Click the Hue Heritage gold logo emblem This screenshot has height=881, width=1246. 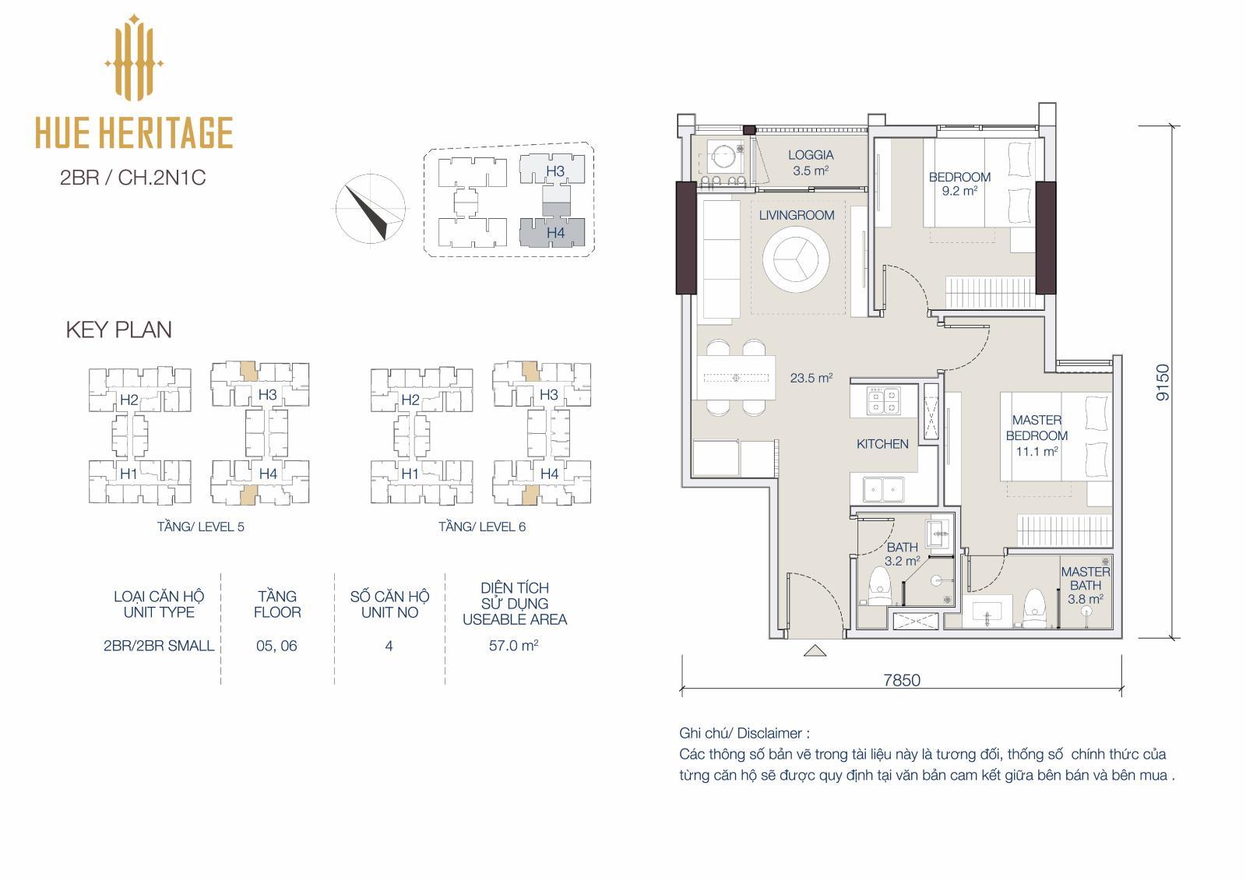133,58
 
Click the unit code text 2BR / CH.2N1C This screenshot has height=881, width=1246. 133,178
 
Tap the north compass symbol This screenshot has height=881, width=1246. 371,210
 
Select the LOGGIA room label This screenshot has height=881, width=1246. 811,155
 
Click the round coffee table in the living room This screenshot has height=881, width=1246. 796,259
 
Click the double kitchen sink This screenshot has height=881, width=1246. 883,490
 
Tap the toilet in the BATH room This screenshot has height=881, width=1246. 879,586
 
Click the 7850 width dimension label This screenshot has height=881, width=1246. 902,680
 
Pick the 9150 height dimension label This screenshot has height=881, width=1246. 1163,382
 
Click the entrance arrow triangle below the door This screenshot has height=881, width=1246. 815,650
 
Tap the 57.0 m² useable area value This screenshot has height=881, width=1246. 513,646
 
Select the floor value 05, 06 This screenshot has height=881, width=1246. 276,646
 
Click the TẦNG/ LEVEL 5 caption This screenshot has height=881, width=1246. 200,527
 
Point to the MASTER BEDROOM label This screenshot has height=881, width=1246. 1037,428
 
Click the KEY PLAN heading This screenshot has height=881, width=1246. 118,330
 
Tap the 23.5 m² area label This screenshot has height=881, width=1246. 811,378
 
